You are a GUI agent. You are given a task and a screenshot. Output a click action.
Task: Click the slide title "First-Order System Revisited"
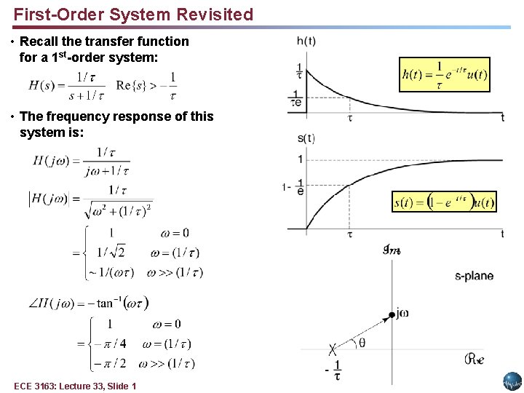pos(133,15)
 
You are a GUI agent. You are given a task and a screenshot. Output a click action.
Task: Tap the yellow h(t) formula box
pos(445,74)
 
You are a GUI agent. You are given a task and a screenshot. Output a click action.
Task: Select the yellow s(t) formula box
pos(444,202)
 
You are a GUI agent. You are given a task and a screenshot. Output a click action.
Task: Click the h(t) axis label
pos(306,42)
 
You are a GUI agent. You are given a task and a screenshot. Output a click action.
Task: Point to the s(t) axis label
pos(306,138)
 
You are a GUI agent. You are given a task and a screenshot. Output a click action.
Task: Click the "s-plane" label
pos(474,276)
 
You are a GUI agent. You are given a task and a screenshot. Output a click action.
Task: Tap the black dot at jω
pos(392,314)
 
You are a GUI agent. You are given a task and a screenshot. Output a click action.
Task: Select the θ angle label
pos(362,343)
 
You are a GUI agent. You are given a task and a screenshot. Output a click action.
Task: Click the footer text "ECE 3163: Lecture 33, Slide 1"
pos(74,386)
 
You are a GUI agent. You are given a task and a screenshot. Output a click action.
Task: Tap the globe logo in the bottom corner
pos(512,381)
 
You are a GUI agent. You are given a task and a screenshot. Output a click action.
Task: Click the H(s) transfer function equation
pos(67,85)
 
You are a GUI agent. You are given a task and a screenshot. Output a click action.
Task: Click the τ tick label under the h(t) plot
pos(350,116)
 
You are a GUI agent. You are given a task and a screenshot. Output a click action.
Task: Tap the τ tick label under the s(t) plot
pos(350,234)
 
